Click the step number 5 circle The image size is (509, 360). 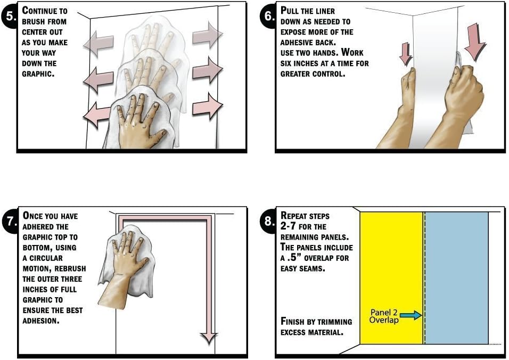coord(10,16)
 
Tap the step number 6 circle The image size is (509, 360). coord(268,16)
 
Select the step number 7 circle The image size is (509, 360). coord(10,221)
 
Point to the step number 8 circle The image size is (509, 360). coord(268,221)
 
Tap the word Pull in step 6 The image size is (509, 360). coord(289,11)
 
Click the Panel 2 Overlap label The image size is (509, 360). coord(384,316)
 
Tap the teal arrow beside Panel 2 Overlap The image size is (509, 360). coord(411,315)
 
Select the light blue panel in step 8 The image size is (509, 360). coord(457,277)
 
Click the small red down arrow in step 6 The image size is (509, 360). coord(406,54)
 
